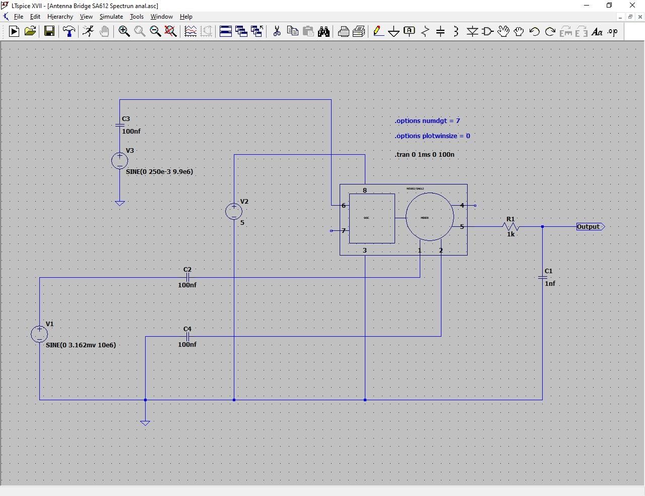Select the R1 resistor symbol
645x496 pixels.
pyautogui.click(x=510, y=227)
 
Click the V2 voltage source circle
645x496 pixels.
pyautogui.click(x=234, y=212)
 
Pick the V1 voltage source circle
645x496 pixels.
pyautogui.click(x=39, y=334)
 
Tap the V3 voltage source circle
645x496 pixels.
pyautogui.click(x=119, y=161)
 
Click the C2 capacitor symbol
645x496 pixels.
pyautogui.click(x=187, y=277)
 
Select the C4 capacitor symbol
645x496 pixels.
pyautogui.click(x=187, y=337)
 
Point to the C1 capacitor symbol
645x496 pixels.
pyautogui.click(x=543, y=277)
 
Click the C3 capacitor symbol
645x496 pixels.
pyautogui.click(x=119, y=125)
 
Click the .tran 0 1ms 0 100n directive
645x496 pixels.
pyautogui.click(x=424, y=155)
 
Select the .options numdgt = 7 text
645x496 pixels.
pyautogui.click(x=427, y=121)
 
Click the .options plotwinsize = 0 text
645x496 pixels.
pyautogui.click(x=432, y=136)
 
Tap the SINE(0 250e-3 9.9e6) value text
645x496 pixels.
pyautogui.click(x=159, y=172)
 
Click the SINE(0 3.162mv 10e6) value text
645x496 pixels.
pyautogui.click(x=81, y=345)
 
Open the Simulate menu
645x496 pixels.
pyautogui.click(x=111, y=17)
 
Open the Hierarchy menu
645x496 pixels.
pyautogui.click(x=60, y=17)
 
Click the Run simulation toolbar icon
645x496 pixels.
pyautogui.click(x=14, y=32)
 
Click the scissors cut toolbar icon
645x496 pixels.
pyautogui.click(x=277, y=32)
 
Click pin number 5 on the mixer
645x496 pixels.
pyautogui.click(x=462, y=227)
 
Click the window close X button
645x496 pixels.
pyautogui.click(x=632, y=6)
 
